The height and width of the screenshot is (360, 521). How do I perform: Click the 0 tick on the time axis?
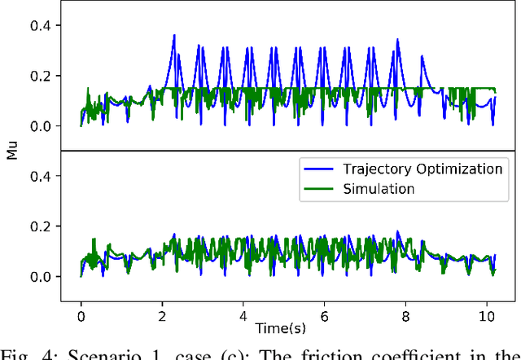(81, 314)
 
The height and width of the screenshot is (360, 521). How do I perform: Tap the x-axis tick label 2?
(162, 314)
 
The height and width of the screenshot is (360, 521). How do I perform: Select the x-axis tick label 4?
(243, 314)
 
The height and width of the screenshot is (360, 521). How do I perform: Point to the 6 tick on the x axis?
(324, 314)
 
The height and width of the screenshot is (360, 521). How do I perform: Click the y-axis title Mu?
(11, 151)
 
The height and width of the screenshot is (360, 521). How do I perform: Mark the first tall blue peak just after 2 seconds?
(173, 36)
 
